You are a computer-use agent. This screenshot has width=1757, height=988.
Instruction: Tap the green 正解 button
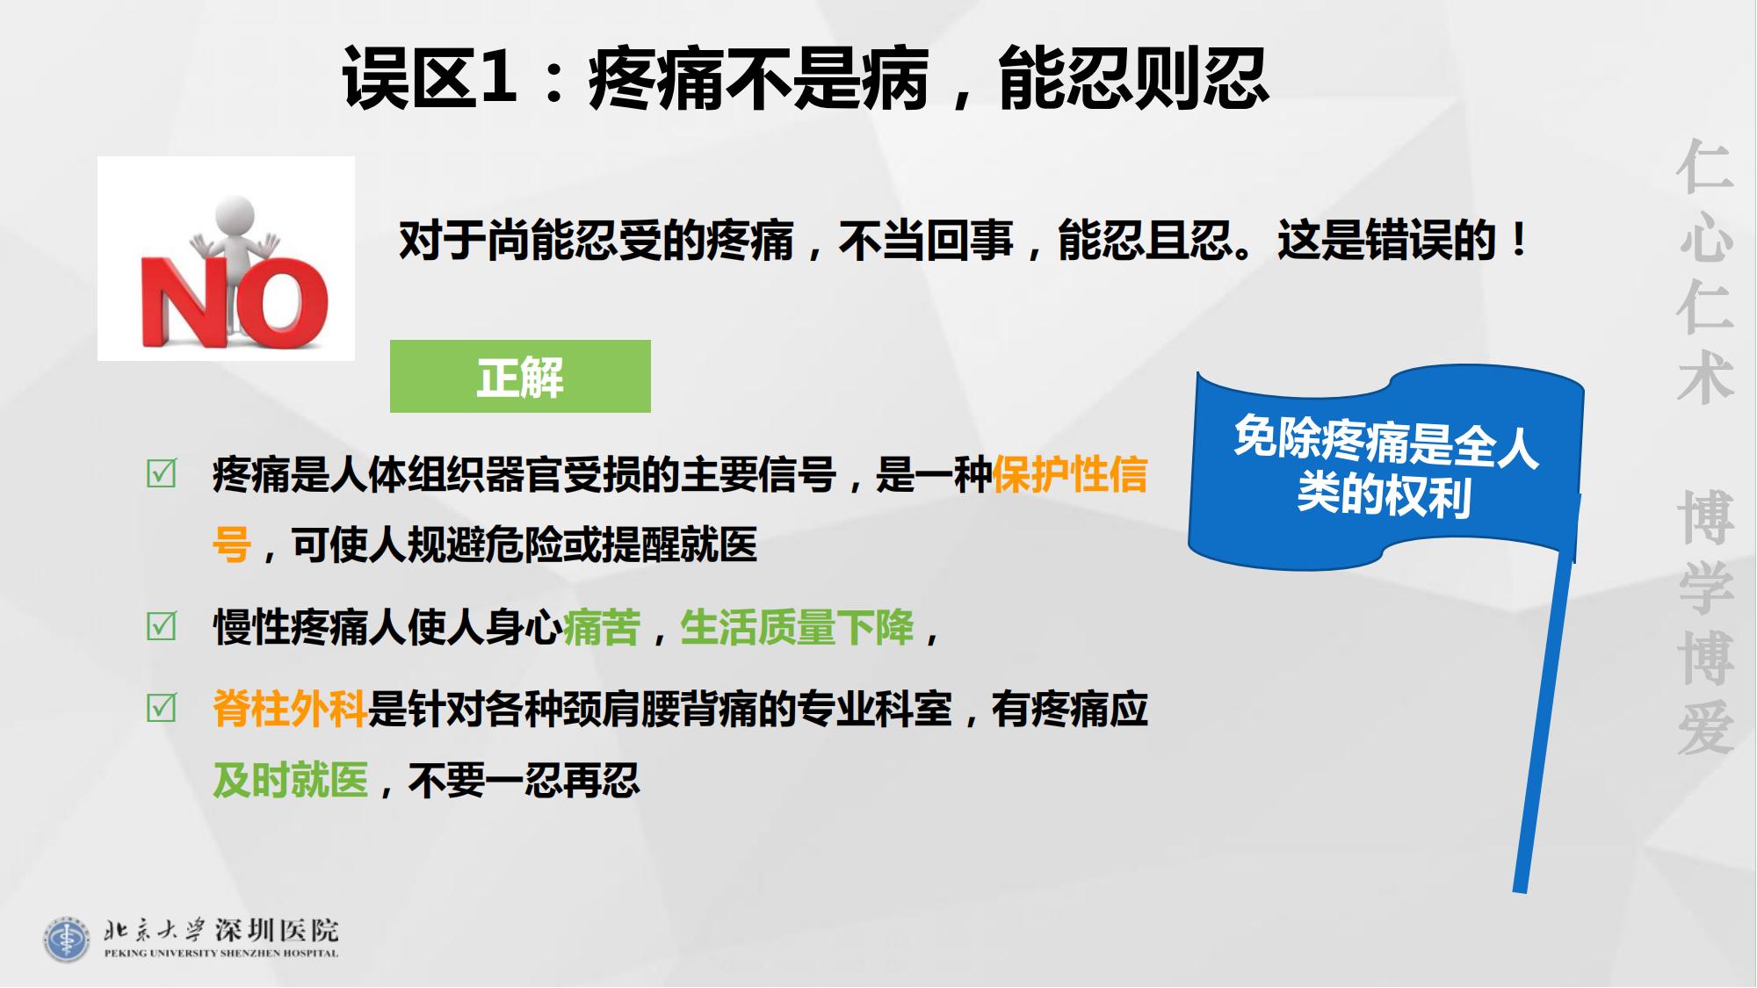520,376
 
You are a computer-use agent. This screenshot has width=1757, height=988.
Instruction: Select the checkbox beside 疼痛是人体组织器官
161,473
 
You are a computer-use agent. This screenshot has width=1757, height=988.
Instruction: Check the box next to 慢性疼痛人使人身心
161,626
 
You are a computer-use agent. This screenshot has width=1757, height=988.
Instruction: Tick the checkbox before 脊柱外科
161,708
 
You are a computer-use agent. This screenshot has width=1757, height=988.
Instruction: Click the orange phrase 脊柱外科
290,709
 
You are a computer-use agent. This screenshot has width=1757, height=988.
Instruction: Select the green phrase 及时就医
290,780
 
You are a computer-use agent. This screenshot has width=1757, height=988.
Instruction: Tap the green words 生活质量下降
797,627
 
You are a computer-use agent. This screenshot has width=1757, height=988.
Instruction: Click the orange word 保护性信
1070,474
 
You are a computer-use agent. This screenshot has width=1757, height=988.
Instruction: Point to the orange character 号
232,544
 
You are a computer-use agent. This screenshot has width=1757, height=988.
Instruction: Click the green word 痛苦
602,627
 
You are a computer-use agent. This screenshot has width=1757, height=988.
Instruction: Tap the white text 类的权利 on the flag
1384,495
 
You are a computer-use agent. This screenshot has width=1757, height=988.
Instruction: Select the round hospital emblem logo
67,939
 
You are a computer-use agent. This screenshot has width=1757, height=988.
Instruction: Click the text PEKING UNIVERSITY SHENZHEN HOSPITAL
221,953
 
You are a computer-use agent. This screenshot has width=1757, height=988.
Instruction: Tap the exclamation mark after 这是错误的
1518,240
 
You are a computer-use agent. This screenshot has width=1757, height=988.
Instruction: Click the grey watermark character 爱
1705,728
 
